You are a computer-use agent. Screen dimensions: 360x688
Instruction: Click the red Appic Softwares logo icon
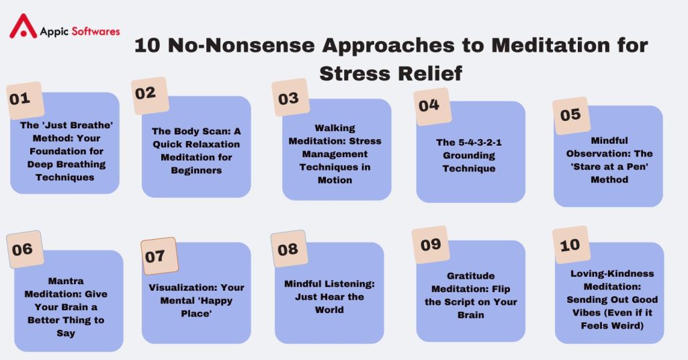tap(24, 27)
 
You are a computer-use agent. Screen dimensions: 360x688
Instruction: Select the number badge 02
tap(148, 93)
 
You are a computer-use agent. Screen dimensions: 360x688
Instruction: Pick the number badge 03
tap(289, 98)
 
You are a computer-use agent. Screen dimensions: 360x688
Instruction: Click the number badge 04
tap(431, 105)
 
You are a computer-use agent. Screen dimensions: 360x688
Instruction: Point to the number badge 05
tap(571, 115)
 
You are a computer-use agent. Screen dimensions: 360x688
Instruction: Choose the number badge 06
tap(24, 249)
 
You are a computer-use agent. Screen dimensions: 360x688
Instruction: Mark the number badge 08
tap(288, 249)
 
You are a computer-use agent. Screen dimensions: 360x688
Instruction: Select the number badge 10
tap(570, 244)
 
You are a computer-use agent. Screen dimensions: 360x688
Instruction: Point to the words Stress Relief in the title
tap(391, 73)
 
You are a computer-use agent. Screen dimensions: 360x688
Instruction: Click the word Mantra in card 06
tap(67, 281)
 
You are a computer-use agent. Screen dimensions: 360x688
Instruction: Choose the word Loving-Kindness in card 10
tap(612, 274)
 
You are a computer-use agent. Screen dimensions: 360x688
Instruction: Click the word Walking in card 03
tap(335, 128)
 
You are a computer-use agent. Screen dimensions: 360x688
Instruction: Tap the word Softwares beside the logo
tap(94, 32)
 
